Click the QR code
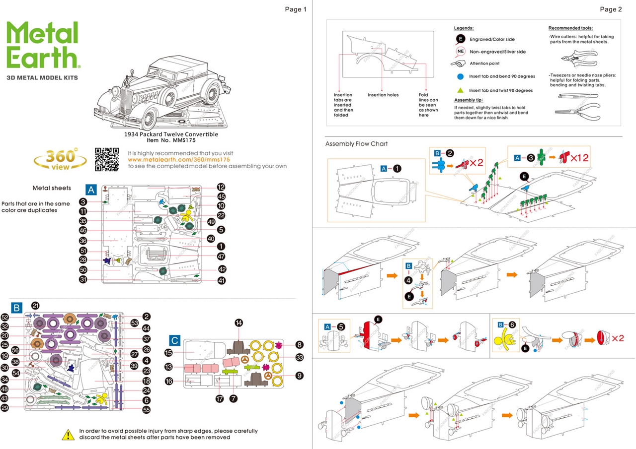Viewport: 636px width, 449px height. (x=107, y=159)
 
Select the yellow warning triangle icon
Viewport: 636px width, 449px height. (x=68, y=435)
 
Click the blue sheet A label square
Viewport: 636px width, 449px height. (x=91, y=189)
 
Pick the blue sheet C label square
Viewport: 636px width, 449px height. (x=174, y=340)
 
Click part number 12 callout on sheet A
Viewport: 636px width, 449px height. (x=221, y=187)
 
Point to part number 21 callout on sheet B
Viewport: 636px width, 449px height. (x=35, y=306)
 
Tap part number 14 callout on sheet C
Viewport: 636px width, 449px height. (x=239, y=323)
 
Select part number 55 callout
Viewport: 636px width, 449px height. (x=146, y=410)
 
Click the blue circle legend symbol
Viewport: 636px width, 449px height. (x=460, y=76)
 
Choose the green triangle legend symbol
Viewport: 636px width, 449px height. (x=460, y=90)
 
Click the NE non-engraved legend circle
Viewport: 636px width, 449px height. (x=460, y=52)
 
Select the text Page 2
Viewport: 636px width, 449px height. (x=611, y=9)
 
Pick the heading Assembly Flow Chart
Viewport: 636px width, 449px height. (x=356, y=144)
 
